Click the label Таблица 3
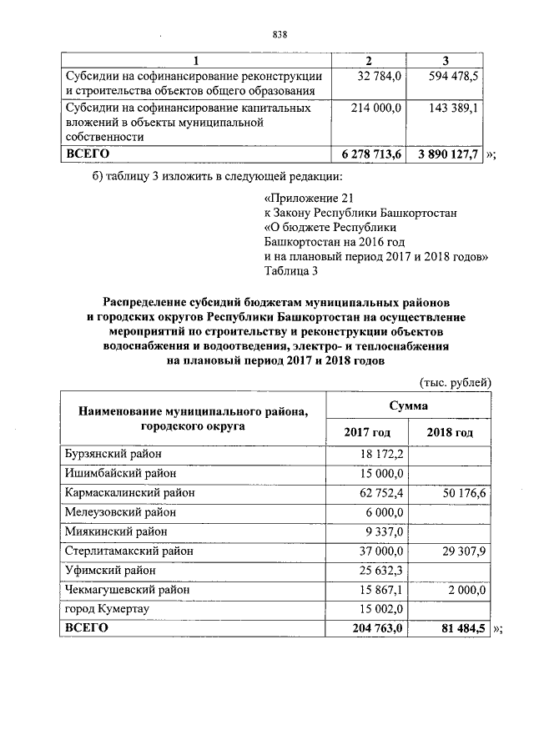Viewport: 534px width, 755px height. [290, 270]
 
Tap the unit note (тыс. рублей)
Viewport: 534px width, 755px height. [454, 381]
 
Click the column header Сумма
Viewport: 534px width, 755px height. [408, 405]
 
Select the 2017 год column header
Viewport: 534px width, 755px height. [367, 432]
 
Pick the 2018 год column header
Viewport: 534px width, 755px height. [450, 432]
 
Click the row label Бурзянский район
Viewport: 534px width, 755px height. [113, 454]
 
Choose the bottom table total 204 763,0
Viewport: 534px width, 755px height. [373, 628]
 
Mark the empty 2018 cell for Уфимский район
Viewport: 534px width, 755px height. [451, 571]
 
